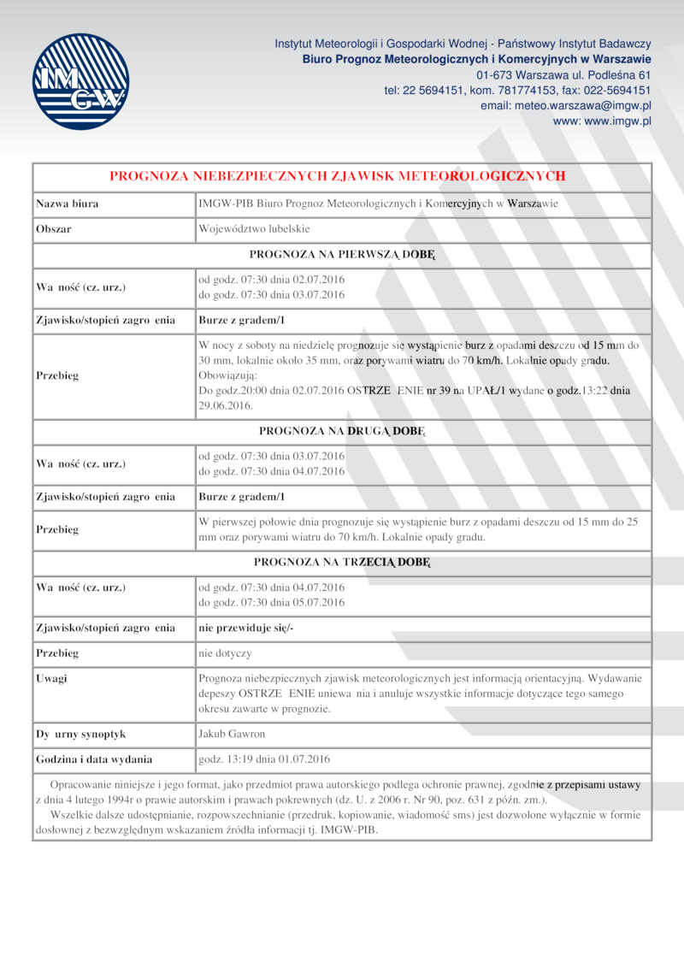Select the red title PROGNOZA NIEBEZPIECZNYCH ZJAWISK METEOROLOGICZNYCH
pos(338,176)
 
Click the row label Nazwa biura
pos(67,204)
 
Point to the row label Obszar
pos(53,229)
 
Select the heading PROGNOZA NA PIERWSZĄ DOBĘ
pos(342,254)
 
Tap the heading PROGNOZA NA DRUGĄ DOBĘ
pos(342,430)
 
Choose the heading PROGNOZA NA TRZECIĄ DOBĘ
pos(342,562)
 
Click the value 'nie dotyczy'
pos(225,653)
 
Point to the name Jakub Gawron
pos(232,734)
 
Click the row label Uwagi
pos(51,678)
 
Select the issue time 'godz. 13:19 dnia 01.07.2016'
pos(264,758)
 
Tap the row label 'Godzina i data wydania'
pos(94,758)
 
